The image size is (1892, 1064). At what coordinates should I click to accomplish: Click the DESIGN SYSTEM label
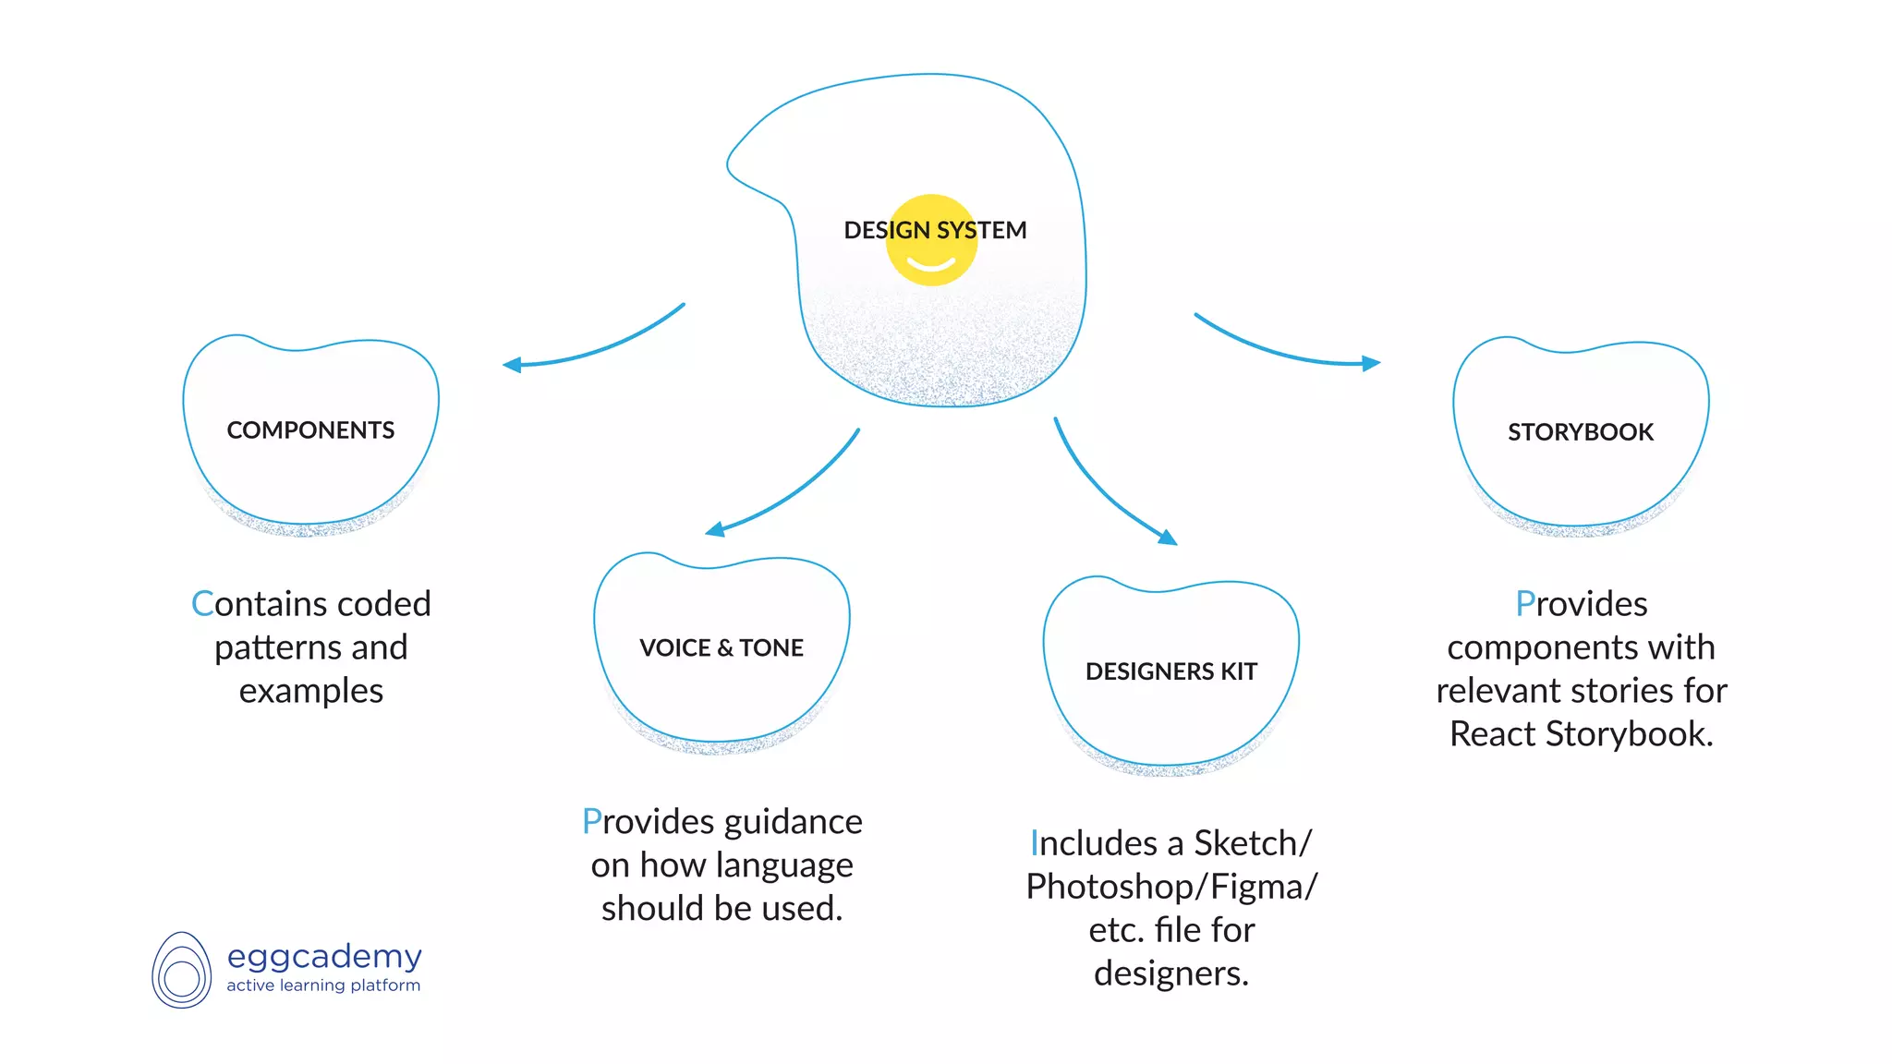click(935, 230)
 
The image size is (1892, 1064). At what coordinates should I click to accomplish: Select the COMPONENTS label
click(310, 430)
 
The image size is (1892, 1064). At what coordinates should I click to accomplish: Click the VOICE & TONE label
click(722, 647)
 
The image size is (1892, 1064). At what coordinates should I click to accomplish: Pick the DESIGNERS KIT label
click(1171, 671)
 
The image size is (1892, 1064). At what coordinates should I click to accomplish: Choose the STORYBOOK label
click(1581, 432)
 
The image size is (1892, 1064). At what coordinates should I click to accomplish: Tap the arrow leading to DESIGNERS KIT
click(1109, 494)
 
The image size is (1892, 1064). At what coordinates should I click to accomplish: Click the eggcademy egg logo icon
click(182, 971)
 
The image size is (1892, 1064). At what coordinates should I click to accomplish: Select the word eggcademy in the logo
click(324, 957)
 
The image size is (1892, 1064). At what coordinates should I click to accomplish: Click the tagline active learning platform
click(323, 985)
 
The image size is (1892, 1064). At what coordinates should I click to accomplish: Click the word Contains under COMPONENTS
click(249, 604)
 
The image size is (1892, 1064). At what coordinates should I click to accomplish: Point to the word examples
click(311, 691)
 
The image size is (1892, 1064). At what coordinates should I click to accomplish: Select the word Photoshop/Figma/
click(1171, 887)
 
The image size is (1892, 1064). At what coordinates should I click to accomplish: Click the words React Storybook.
click(1581, 734)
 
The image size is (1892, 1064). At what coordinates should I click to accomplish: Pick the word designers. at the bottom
click(1171, 973)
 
